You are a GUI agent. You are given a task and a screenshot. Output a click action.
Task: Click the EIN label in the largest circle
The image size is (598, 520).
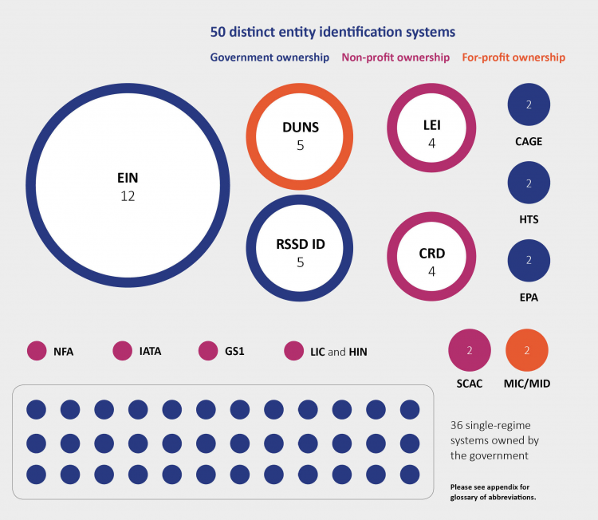(x=128, y=178)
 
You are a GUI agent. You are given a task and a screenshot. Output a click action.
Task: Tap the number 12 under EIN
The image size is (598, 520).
(x=128, y=196)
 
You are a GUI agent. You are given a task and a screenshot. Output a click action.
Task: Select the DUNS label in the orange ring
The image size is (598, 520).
(x=301, y=128)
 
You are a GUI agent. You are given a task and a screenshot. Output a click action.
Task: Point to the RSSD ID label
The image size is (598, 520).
(x=301, y=244)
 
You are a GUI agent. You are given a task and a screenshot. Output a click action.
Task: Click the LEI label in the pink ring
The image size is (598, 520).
(x=431, y=125)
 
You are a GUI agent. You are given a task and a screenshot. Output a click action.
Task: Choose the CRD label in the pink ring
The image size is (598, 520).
(x=431, y=254)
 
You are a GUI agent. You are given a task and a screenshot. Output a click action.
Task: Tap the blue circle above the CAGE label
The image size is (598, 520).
(x=529, y=104)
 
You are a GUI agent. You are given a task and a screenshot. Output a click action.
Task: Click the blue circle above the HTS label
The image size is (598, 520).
(x=529, y=183)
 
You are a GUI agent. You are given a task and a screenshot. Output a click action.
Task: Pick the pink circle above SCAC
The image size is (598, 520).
(x=470, y=350)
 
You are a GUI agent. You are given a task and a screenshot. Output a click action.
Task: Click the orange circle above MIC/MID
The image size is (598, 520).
(x=527, y=350)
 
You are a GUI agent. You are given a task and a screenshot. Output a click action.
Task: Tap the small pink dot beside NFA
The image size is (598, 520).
(x=37, y=351)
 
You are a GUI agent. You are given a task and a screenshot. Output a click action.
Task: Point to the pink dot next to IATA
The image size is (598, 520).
(x=123, y=351)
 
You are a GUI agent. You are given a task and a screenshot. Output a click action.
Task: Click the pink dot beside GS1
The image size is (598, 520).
(x=208, y=351)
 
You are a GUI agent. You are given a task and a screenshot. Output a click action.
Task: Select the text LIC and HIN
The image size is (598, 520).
(x=338, y=352)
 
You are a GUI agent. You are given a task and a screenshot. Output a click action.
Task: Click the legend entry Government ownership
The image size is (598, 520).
(x=269, y=57)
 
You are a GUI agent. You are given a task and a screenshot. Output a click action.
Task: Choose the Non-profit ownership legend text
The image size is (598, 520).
(x=395, y=57)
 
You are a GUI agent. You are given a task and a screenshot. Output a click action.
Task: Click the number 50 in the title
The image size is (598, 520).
(x=218, y=33)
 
